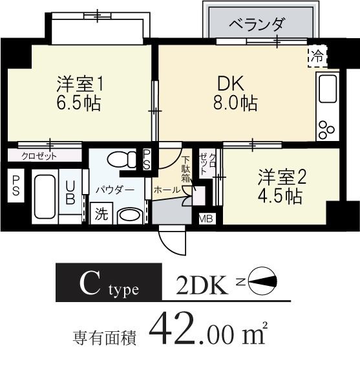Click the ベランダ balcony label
[257, 25]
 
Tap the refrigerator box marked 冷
[317, 56]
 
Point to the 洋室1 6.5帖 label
[79, 93]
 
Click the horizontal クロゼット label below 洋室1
[39, 156]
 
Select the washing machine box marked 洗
[101, 212]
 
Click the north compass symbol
[262, 281]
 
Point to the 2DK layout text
[203, 284]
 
